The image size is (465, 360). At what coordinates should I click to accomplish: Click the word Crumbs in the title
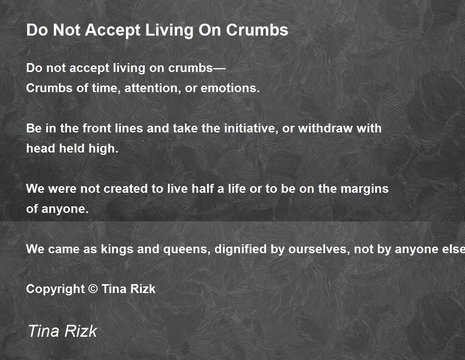(257, 30)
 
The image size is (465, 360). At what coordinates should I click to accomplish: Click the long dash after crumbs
(219, 69)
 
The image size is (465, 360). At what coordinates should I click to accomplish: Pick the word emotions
(230, 88)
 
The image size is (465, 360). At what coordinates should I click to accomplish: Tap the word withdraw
(325, 129)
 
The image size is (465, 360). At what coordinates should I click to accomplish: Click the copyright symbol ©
(93, 289)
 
